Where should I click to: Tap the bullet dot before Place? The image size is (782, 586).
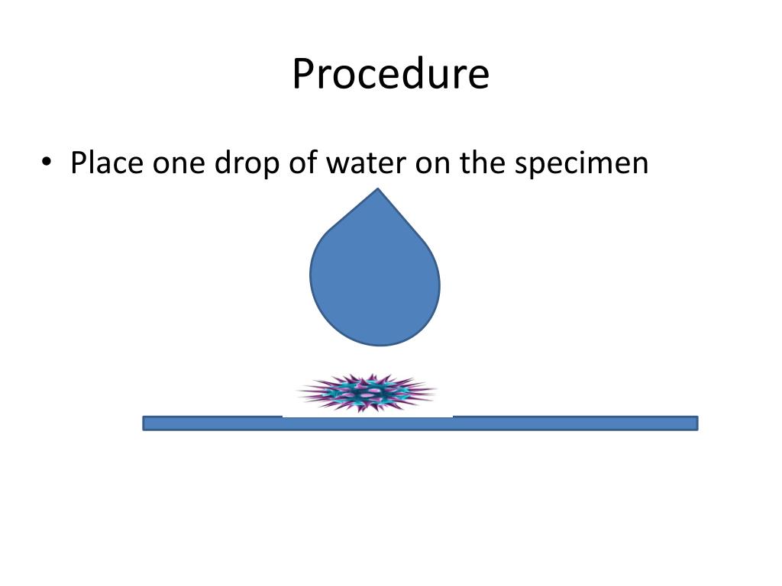coord(47,163)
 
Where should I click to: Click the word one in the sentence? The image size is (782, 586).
coord(175,163)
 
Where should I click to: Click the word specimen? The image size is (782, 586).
coord(580,163)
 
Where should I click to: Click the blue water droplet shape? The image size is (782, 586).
coord(375,282)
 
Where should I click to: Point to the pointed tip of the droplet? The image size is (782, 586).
coord(376,191)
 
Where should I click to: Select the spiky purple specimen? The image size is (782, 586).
coord(367,394)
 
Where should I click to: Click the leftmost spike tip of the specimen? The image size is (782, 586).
coord(299,394)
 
